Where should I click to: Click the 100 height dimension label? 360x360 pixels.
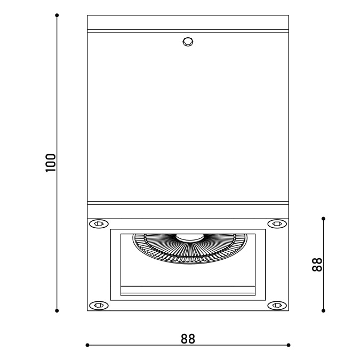click(x=51, y=163)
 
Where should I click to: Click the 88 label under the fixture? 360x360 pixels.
click(x=188, y=339)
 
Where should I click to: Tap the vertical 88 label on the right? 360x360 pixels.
click(x=317, y=265)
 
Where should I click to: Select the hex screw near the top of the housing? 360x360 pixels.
click(x=188, y=42)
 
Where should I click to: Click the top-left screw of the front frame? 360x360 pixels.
click(x=99, y=223)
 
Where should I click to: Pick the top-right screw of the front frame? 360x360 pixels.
click(x=277, y=223)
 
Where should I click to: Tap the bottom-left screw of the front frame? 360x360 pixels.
click(x=99, y=306)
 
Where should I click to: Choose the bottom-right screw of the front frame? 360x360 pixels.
click(x=277, y=306)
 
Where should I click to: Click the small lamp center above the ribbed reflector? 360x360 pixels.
click(x=190, y=238)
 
